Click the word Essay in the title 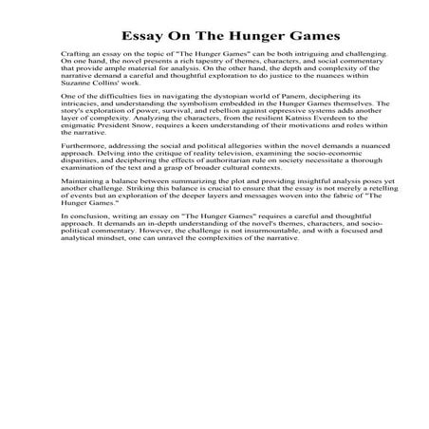pos(140,37)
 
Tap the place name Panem pos(280,98)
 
